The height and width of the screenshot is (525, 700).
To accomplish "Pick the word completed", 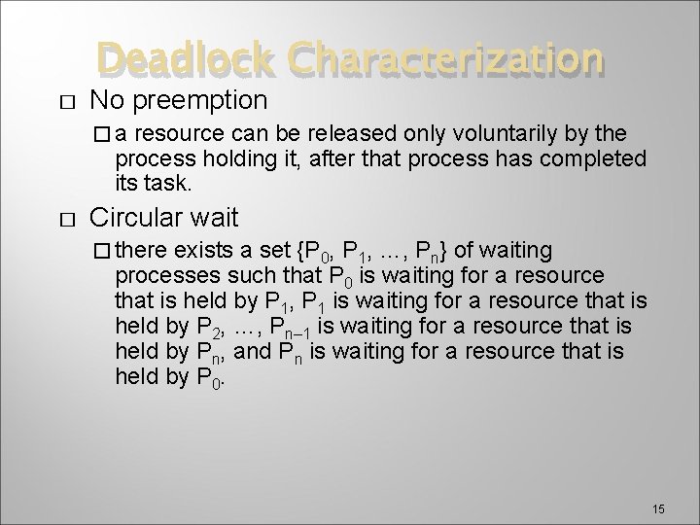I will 595,157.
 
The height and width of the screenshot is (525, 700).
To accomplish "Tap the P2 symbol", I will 218,327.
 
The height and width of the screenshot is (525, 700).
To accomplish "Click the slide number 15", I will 658,482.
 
